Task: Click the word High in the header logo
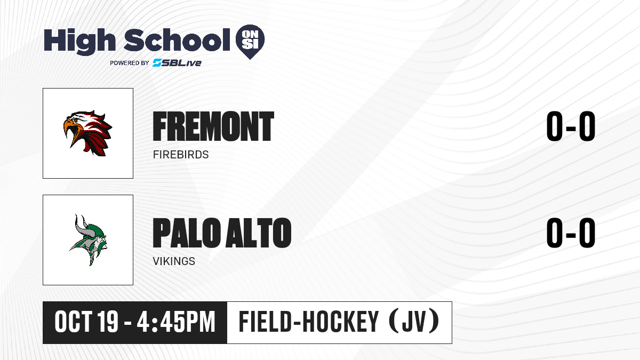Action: click(x=79, y=41)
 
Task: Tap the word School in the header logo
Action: click(x=177, y=39)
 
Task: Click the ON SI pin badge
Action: click(x=250, y=42)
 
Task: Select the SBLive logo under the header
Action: click(x=177, y=63)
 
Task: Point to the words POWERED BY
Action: click(x=130, y=63)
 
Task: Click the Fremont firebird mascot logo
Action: click(x=87, y=133)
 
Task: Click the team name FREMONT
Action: click(x=213, y=126)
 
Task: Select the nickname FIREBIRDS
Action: click(x=181, y=155)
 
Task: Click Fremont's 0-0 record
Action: click(x=571, y=126)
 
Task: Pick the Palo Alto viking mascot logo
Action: click(x=88, y=240)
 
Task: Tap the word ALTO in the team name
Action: click(x=258, y=233)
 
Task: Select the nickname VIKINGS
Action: click(x=174, y=261)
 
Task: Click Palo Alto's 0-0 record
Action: click(x=571, y=233)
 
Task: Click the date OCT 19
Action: click(x=86, y=322)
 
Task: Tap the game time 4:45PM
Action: click(x=176, y=322)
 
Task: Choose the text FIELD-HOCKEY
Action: click(x=309, y=322)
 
